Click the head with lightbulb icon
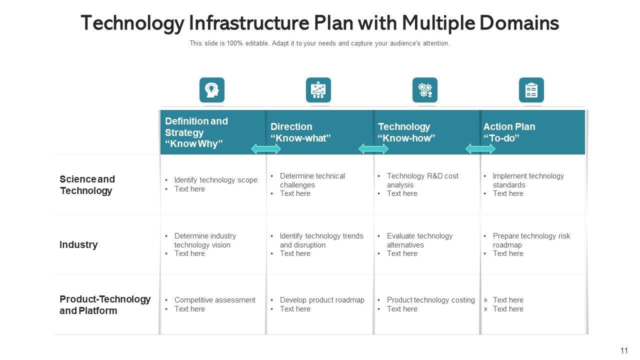[212, 90]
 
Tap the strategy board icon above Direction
[318, 90]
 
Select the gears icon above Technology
[425, 90]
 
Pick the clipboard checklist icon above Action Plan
[531, 90]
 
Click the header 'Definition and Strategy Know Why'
[196, 132]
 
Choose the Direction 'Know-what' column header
[300, 132]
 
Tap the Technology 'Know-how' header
[406, 132]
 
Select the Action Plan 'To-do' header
[509, 132]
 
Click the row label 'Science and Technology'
[87, 185]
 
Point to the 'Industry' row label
[78, 244]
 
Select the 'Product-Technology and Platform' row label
[105, 305]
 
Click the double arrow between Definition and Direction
[266, 148]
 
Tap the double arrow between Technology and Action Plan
[480, 148]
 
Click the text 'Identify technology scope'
[215, 180]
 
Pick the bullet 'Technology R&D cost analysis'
[422, 180]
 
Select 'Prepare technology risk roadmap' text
[531, 240]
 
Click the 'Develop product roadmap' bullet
[322, 300]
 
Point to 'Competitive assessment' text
[214, 300]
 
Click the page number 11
[624, 351]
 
